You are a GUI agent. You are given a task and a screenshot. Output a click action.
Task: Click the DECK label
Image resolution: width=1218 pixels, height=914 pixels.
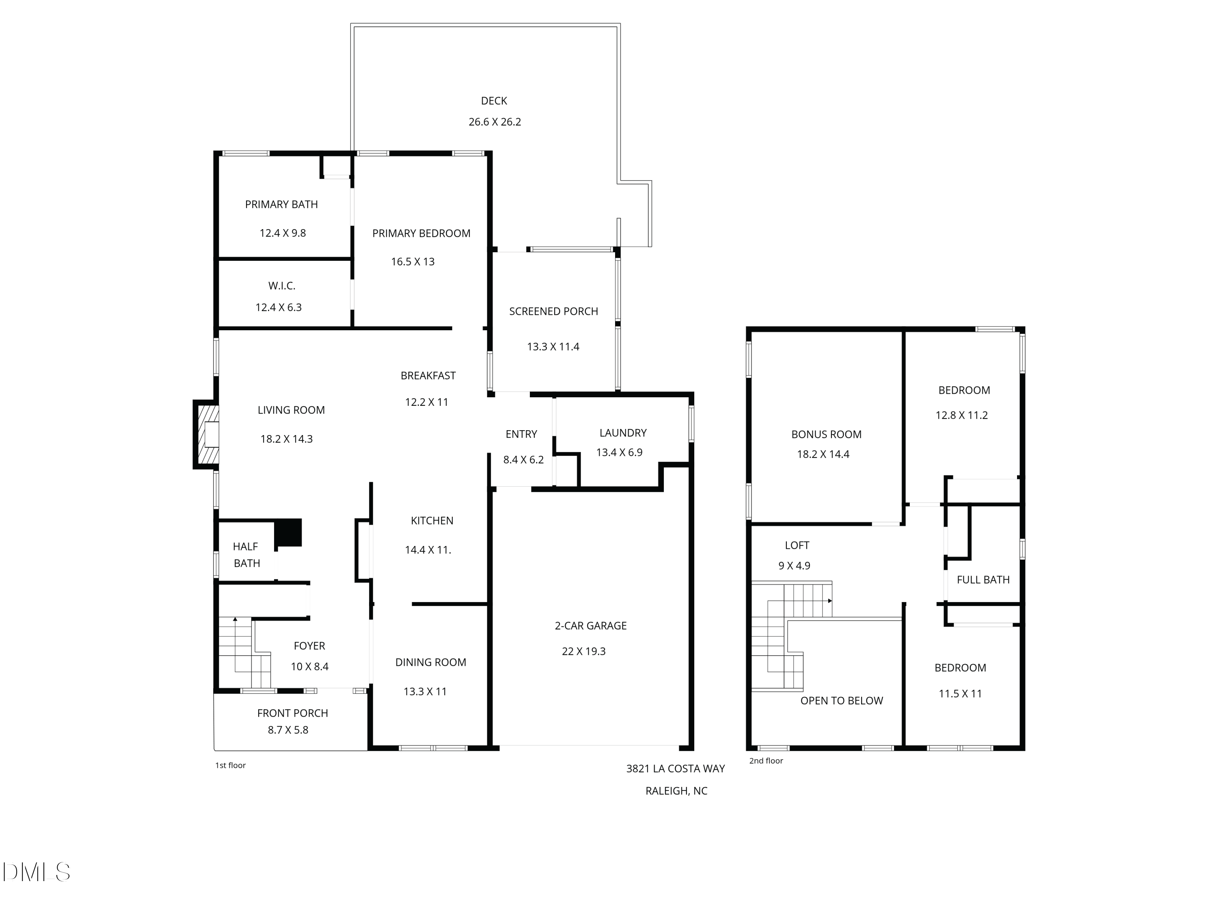(494, 101)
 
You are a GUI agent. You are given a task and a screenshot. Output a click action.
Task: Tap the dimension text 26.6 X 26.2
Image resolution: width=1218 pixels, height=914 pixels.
(495, 122)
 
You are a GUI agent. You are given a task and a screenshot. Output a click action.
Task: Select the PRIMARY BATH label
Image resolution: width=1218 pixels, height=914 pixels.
(281, 204)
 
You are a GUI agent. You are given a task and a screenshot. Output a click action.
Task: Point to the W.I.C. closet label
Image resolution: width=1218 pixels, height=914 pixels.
(282, 286)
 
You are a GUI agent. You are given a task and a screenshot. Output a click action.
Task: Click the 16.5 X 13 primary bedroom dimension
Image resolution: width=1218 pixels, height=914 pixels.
(413, 262)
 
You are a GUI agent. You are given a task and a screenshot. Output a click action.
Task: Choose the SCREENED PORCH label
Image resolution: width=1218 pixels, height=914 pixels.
(553, 311)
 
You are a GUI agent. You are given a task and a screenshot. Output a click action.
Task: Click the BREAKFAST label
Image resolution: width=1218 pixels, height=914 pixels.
(428, 376)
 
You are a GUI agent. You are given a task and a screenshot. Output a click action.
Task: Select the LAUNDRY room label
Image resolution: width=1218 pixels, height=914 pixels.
(623, 433)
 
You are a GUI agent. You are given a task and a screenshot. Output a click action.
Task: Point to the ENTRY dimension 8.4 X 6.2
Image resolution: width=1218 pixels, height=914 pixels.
(523, 459)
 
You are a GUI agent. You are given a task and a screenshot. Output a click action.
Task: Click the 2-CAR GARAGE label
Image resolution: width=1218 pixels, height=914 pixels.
(590, 626)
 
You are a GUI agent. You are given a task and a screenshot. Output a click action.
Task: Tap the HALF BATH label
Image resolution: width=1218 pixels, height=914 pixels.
(246, 555)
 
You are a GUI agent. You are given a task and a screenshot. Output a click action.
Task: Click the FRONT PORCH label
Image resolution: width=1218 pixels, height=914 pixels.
(292, 713)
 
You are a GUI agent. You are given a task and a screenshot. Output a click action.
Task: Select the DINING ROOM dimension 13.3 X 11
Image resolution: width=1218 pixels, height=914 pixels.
(425, 691)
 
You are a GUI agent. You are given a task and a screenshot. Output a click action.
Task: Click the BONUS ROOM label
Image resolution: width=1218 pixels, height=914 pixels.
(826, 434)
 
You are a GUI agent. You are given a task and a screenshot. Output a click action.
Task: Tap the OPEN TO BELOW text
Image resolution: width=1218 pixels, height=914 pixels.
(841, 701)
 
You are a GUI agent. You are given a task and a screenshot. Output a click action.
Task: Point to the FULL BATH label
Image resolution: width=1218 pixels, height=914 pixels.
(983, 580)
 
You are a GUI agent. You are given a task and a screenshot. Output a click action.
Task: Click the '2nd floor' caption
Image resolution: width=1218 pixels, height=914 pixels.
(766, 761)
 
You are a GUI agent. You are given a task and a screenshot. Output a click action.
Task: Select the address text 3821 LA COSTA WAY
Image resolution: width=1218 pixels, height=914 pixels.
(675, 769)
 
